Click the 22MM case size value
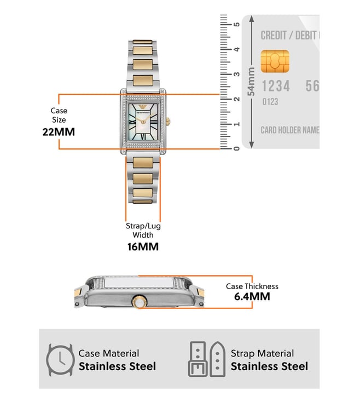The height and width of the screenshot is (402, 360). [x=59, y=132]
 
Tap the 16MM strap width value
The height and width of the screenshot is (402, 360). [x=143, y=246]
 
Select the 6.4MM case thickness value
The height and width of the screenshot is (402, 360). [x=252, y=297]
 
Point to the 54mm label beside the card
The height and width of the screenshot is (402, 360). [x=251, y=82]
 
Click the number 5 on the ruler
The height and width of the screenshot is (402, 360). [x=236, y=25]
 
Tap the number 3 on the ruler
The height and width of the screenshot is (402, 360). [x=236, y=74]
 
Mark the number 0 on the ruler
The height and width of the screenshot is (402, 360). [x=236, y=148]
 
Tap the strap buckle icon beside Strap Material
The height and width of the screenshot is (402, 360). [x=206, y=359]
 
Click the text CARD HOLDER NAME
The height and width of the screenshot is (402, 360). [x=289, y=130]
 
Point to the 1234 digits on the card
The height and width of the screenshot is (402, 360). [x=275, y=86]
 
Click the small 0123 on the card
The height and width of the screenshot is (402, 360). [x=270, y=102]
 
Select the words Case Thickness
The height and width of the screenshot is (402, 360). [x=252, y=286]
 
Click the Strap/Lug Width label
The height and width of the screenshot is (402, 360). [x=143, y=230]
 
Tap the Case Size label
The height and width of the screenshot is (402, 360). [x=59, y=115]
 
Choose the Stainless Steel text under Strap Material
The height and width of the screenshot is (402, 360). [x=269, y=366]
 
